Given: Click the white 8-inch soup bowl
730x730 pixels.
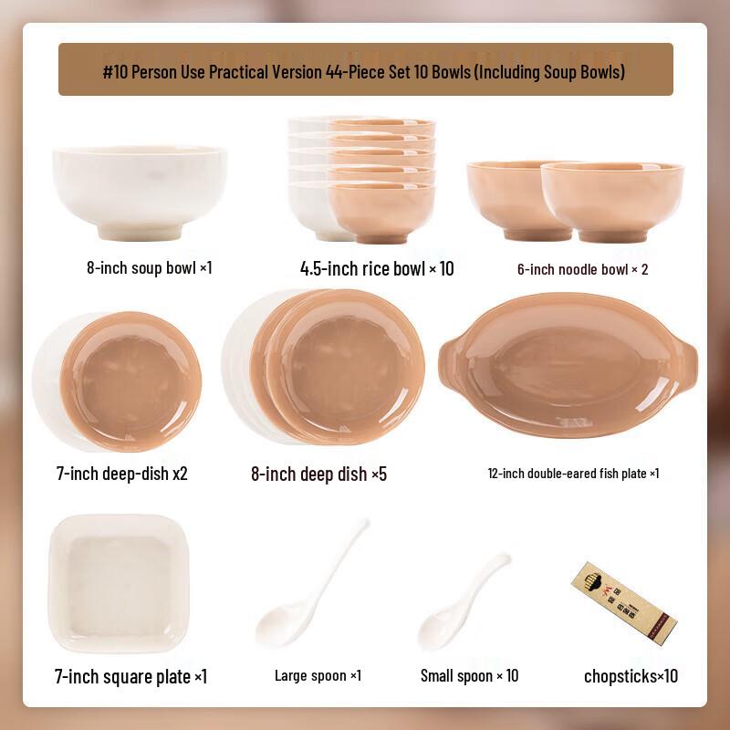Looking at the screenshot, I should pyautogui.click(x=139, y=192).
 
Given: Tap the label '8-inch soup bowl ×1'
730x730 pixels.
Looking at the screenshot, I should pyautogui.click(x=150, y=268).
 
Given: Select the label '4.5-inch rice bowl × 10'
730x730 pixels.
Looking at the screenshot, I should pyautogui.click(x=377, y=268).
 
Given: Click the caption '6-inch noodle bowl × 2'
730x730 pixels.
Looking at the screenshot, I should pyautogui.click(x=583, y=269).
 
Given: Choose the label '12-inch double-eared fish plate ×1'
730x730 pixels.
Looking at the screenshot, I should pyautogui.click(x=573, y=474).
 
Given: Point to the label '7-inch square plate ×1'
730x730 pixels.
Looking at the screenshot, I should pyautogui.click(x=131, y=676).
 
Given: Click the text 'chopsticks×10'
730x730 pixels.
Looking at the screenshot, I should pyautogui.click(x=631, y=676).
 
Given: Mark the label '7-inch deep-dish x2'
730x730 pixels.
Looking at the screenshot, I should pyautogui.click(x=122, y=474).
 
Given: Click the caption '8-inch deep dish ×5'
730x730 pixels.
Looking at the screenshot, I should pyautogui.click(x=319, y=474).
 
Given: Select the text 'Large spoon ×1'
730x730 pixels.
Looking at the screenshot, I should pyautogui.click(x=318, y=676).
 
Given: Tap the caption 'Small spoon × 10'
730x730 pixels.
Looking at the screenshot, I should pyautogui.click(x=469, y=676).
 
